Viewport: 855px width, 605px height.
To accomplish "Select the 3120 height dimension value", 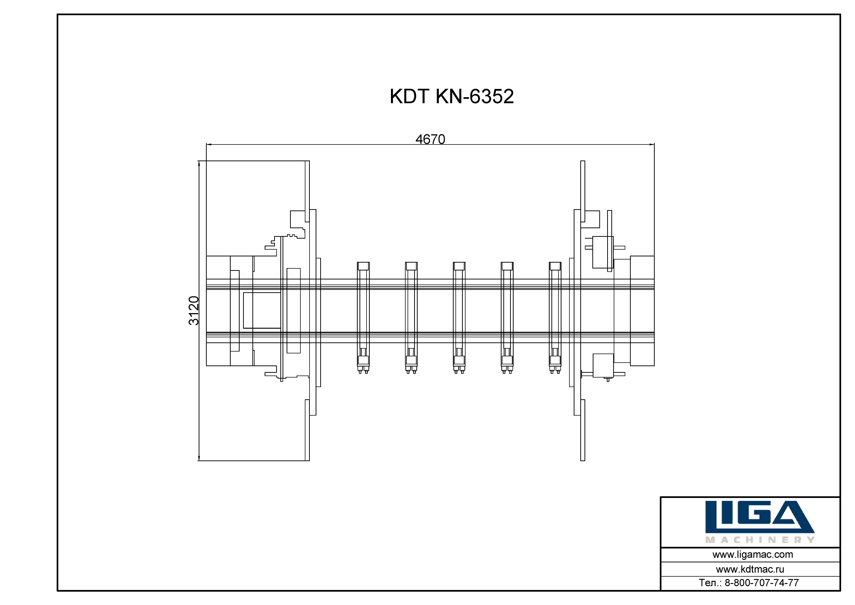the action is [x=194, y=311].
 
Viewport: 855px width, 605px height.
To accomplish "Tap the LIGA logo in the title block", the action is [x=760, y=517].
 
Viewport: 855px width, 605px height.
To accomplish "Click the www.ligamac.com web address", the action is [x=753, y=555].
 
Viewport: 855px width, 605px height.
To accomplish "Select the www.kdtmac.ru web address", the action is [x=750, y=569].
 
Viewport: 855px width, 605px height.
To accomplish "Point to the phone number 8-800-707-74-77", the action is [x=762, y=583].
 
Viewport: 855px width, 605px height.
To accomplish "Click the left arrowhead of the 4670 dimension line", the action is [x=209, y=144].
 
